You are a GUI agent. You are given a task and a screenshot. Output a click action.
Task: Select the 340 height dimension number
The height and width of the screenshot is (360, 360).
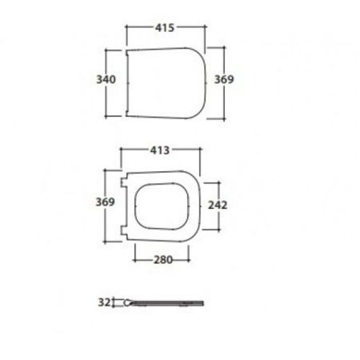pos(106,80)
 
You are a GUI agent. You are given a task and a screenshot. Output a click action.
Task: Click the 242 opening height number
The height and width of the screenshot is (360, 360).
pos(218,205)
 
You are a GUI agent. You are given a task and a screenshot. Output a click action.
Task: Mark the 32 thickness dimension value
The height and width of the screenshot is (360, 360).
pos(102,302)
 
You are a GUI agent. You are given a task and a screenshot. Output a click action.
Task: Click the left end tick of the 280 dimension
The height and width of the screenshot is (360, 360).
pos(132,259)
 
